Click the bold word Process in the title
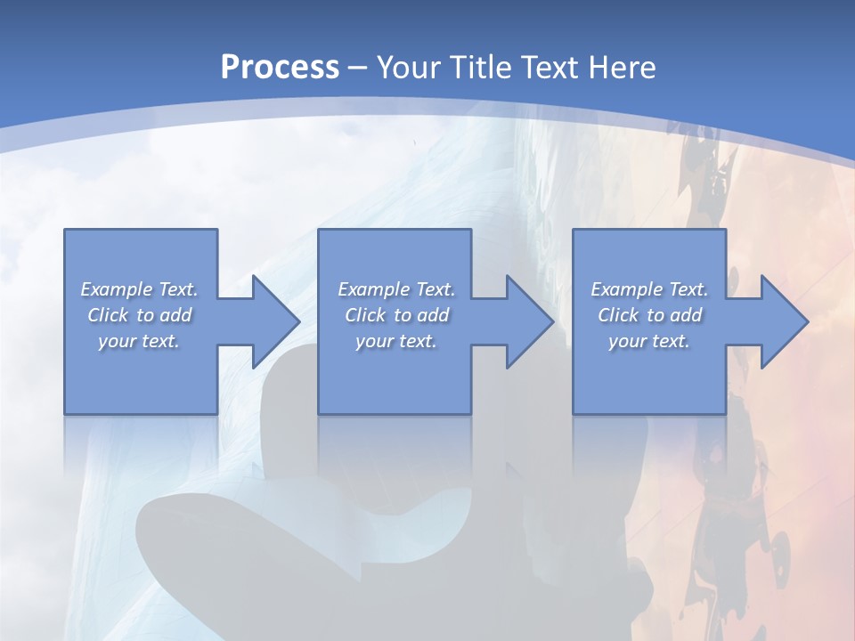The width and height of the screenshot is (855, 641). [x=280, y=68]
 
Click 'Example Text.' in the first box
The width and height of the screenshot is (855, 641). [x=139, y=289]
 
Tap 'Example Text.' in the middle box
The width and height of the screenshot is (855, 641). [x=396, y=289]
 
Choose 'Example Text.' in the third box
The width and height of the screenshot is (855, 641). [x=649, y=289]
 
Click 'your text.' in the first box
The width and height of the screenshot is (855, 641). [x=139, y=341]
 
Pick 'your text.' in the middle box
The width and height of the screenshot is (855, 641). [x=396, y=341]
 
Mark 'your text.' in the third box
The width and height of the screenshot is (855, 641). [x=649, y=341]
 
